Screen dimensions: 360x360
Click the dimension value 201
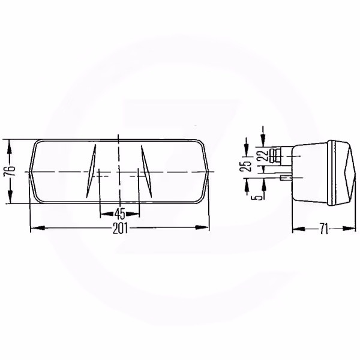120,229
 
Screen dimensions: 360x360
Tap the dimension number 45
119,214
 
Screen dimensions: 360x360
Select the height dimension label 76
10,170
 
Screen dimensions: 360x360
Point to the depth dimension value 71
324,229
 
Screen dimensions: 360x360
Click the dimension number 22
264,155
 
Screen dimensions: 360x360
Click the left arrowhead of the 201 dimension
37,227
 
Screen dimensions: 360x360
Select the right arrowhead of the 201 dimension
202,227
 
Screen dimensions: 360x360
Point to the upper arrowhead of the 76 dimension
10,147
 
